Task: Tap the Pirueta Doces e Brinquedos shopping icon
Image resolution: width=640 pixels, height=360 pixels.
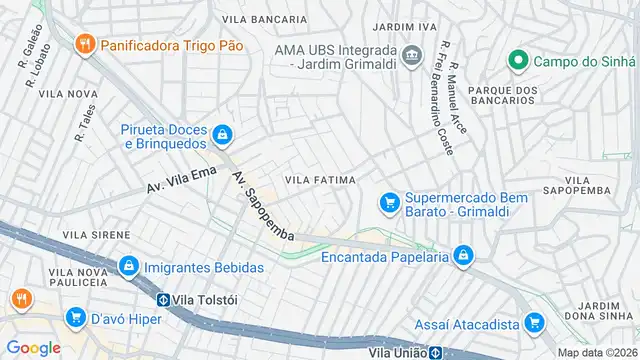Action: point(221,134)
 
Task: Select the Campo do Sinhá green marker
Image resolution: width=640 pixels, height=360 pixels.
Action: point(517,61)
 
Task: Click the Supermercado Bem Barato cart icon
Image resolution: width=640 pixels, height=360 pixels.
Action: point(388,203)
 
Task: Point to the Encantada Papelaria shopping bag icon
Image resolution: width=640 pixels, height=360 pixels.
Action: point(462,257)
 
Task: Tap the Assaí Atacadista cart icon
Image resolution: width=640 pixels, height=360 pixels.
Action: point(535,324)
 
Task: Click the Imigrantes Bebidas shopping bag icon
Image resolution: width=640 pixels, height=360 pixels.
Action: point(128,267)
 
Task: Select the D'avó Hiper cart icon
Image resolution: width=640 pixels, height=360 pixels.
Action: point(75,318)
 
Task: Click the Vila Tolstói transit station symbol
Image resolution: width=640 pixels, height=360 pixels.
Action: point(162,298)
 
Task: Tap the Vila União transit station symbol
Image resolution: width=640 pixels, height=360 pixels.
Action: point(436,352)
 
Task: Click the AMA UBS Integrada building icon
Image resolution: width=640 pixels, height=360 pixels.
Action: point(412,53)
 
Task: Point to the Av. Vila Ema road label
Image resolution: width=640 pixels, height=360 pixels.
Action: point(181,180)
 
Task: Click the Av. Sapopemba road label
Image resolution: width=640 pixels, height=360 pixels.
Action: point(262,205)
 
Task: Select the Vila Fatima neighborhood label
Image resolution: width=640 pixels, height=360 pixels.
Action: point(320,180)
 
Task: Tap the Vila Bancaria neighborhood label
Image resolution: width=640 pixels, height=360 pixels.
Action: point(264,19)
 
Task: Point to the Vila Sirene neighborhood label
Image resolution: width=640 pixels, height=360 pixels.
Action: point(96,234)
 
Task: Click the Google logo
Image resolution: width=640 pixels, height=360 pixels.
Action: point(33,347)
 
